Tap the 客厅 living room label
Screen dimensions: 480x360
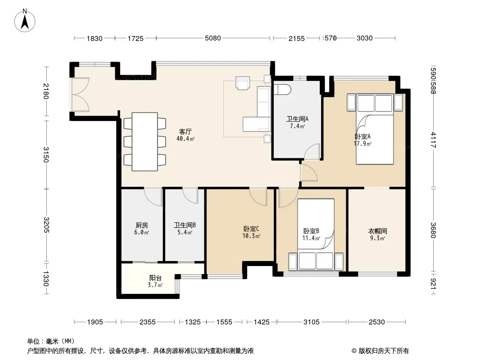point(185,131)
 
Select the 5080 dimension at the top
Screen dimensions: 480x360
point(213,38)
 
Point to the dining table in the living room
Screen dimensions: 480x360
point(145,142)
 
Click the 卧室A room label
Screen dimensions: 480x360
point(362,136)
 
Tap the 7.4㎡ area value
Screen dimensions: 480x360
point(297,126)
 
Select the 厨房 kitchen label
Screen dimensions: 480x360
point(142,225)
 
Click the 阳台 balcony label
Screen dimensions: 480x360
point(155,278)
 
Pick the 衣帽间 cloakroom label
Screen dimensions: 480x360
point(377,231)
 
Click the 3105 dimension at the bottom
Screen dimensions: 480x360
point(311,322)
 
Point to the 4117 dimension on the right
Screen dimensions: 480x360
point(433,140)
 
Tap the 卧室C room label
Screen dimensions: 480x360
point(251,229)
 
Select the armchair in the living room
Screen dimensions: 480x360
point(242,83)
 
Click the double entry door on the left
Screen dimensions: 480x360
point(80,94)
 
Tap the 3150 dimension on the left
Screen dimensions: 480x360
point(46,154)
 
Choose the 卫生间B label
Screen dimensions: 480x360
point(185,225)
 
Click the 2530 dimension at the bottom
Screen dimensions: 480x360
point(376,322)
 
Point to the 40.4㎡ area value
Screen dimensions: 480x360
point(186,139)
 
